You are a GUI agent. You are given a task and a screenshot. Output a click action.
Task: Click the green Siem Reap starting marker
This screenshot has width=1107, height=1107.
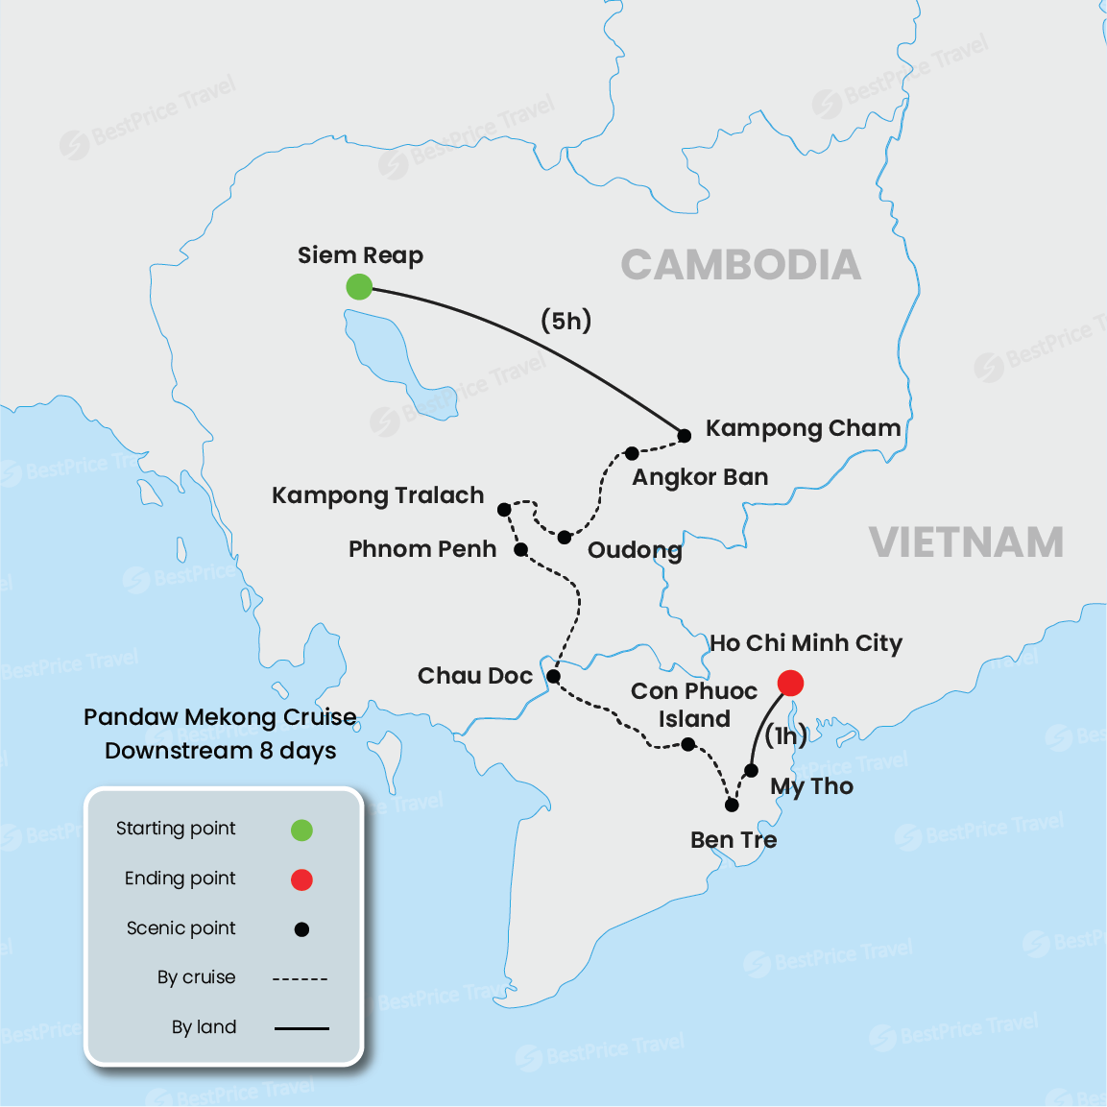(x=359, y=286)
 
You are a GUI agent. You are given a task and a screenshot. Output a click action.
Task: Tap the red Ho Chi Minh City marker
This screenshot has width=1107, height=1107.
(x=790, y=683)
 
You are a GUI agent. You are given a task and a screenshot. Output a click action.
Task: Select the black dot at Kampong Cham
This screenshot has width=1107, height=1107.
(x=685, y=436)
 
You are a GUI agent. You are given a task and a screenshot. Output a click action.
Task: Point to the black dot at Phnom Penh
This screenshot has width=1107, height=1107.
(x=520, y=549)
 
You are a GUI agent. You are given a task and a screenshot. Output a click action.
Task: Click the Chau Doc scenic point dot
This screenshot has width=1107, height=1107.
(x=553, y=677)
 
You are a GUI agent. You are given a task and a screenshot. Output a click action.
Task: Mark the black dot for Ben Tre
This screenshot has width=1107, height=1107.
(x=732, y=805)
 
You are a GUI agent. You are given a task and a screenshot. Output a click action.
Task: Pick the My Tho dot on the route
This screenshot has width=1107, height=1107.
(x=752, y=770)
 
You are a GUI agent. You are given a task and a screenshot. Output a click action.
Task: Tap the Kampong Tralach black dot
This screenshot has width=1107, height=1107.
(x=504, y=510)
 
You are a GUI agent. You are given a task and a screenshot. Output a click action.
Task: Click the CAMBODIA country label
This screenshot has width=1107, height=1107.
(x=740, y=266)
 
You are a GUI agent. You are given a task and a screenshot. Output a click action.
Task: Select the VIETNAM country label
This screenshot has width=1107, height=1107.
(x=966, y=543)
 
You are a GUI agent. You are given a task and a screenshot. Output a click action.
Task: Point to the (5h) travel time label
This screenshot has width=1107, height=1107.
(x=566, y=321)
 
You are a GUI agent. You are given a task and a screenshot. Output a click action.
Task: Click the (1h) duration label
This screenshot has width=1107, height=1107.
(x=785, y=736)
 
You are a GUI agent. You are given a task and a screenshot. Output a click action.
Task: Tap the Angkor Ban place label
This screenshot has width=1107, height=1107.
(x=700, y=477)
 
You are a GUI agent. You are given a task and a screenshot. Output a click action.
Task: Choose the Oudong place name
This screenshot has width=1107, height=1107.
(x=635, y=550)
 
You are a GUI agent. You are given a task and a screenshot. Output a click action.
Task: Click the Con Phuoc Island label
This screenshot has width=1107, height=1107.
(x=694, y=705)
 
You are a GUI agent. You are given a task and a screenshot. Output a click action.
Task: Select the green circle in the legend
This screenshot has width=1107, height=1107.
(x=301, y=830)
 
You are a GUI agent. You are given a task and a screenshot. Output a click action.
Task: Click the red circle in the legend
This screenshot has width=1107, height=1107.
(x=301, y=879)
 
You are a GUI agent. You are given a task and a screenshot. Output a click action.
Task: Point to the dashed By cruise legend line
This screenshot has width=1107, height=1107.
(x=301, y=978)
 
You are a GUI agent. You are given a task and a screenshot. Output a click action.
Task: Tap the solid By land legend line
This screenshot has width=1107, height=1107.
(x=301, y=1028)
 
